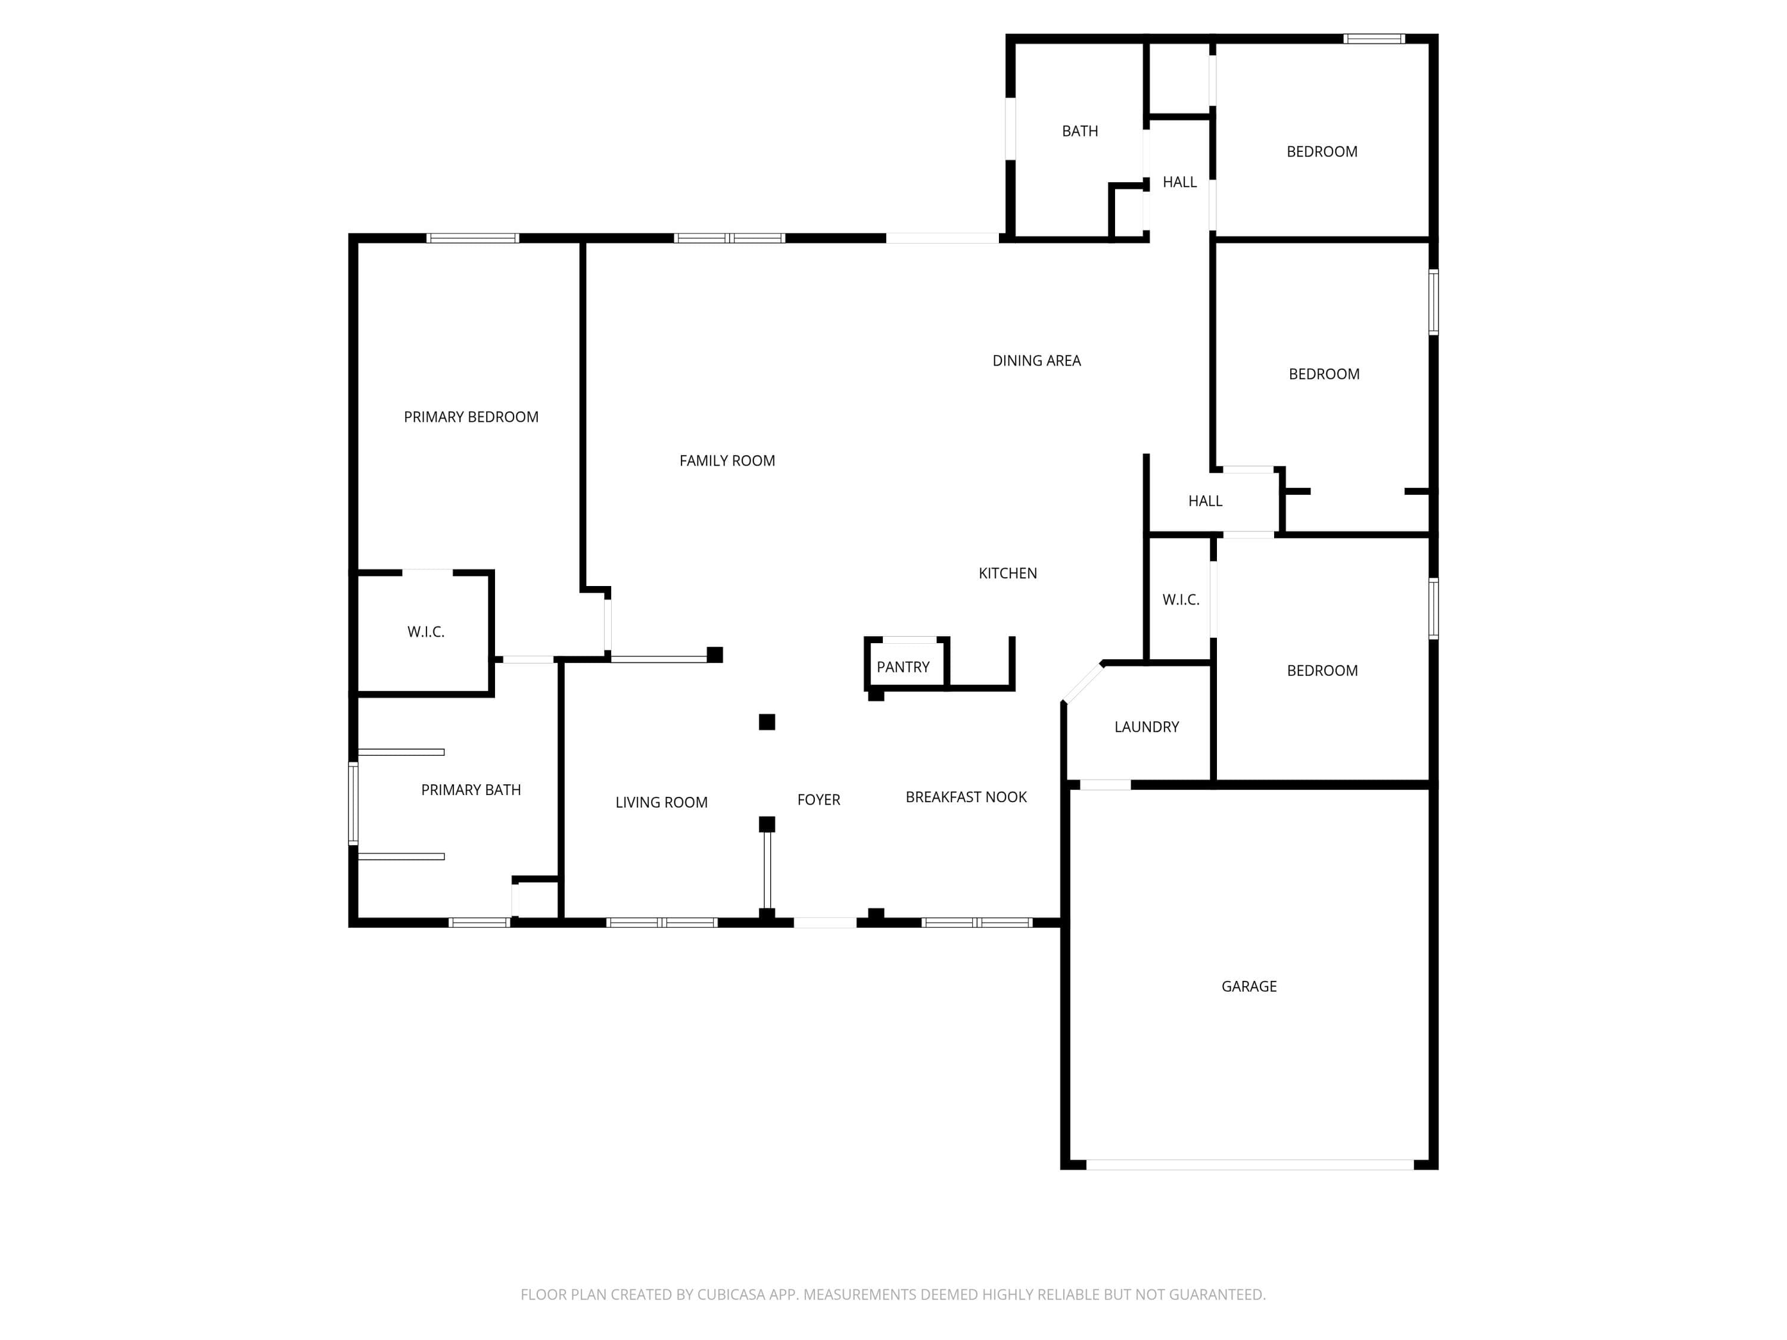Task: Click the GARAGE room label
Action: point(1249,986)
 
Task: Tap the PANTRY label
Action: point(903,667)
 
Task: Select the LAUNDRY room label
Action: point(1147,727)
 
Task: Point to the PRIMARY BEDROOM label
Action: point(471,417)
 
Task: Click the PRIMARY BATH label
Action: point(471,790)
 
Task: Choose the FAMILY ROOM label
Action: point(727,460)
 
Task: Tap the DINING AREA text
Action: point(1036,361)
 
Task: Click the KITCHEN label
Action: point(1007,574)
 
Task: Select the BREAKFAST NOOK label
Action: point(966,797)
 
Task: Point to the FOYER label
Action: point(818,800)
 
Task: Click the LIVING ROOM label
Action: point(662,802)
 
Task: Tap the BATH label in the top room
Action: point(1079,131)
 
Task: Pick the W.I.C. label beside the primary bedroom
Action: point(426,632)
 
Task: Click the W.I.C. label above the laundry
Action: point(1180,599)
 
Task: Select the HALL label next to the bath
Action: point(1179,182)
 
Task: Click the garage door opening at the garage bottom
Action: point(1250,1165)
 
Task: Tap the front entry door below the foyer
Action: point(825,923)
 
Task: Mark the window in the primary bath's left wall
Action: point(353,803)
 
